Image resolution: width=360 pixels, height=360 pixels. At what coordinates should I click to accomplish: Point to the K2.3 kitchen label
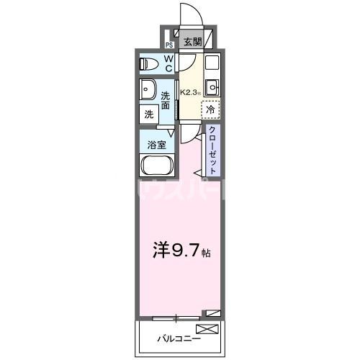pos(189,92)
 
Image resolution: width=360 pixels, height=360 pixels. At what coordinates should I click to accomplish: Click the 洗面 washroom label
pos(166,101)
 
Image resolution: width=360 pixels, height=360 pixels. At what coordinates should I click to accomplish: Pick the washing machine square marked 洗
pos(149,113)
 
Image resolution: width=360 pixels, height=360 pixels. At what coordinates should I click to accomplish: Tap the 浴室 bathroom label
pos(156,144)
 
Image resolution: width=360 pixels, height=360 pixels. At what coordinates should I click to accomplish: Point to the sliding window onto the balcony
pos(177,317)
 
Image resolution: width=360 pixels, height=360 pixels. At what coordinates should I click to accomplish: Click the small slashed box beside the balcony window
pos(212,312)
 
